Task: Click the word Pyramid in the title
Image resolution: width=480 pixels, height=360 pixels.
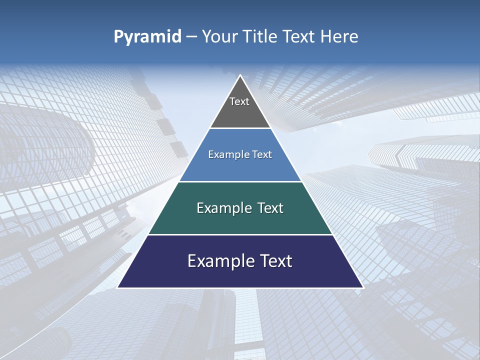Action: [147, 37]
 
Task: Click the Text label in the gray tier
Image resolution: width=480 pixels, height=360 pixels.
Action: [239, 101]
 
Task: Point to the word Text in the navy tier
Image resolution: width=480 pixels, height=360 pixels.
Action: [275, 261]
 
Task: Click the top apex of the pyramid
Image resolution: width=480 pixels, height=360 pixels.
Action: [240, 75]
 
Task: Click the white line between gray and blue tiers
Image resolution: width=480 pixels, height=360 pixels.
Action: [240, 128]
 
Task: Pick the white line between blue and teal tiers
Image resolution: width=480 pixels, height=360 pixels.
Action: [240, 181]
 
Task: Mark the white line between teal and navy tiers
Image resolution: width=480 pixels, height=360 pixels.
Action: [240, 234]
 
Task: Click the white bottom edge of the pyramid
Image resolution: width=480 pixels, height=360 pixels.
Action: [240, 288]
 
